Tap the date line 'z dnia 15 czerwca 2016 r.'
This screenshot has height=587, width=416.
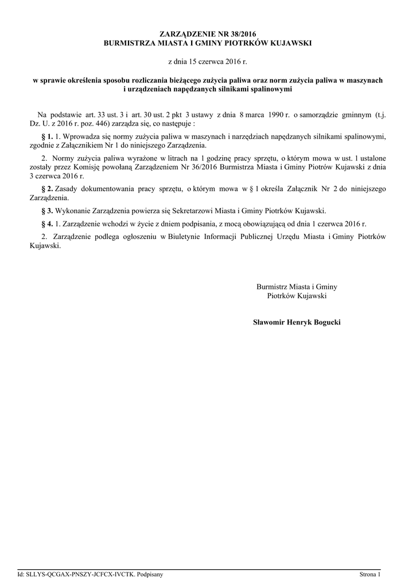208,60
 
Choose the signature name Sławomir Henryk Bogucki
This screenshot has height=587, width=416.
297,323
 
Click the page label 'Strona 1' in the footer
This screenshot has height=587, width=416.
370,574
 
